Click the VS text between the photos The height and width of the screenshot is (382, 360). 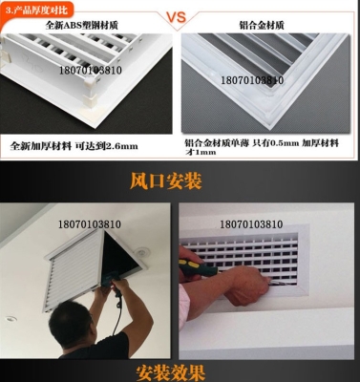coord(180,18)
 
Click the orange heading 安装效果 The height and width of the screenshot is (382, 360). coord(179,370)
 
